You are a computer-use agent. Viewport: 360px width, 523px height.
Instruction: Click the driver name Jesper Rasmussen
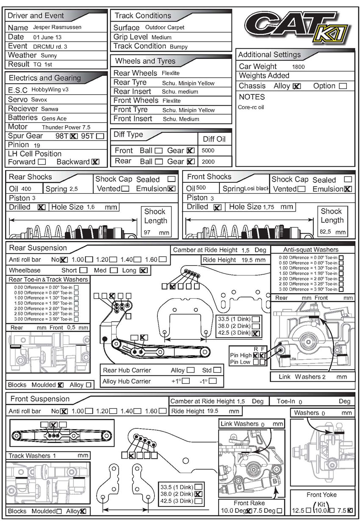57,27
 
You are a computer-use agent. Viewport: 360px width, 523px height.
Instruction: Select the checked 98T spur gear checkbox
74,136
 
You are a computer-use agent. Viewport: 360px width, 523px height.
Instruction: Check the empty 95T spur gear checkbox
100,136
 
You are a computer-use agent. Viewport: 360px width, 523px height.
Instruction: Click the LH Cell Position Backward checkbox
95,162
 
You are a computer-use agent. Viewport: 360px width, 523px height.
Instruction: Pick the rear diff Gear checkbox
191,161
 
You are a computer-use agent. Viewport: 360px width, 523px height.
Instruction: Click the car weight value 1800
298,66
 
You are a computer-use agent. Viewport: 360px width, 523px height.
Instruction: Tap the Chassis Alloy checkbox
297,86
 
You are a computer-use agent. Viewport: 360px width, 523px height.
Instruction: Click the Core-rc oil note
251,107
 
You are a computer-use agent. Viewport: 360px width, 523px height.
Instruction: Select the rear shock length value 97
148,232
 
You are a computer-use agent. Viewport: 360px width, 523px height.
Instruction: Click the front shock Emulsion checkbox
348,189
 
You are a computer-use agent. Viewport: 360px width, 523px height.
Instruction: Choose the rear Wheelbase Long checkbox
143,270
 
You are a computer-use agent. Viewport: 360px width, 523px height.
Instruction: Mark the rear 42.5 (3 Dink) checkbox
256,333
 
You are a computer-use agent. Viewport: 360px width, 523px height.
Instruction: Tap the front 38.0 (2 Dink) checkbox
198,494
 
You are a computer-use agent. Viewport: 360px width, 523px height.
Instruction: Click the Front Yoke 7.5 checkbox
349,510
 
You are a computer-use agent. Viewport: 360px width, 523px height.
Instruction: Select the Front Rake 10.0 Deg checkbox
249,511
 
